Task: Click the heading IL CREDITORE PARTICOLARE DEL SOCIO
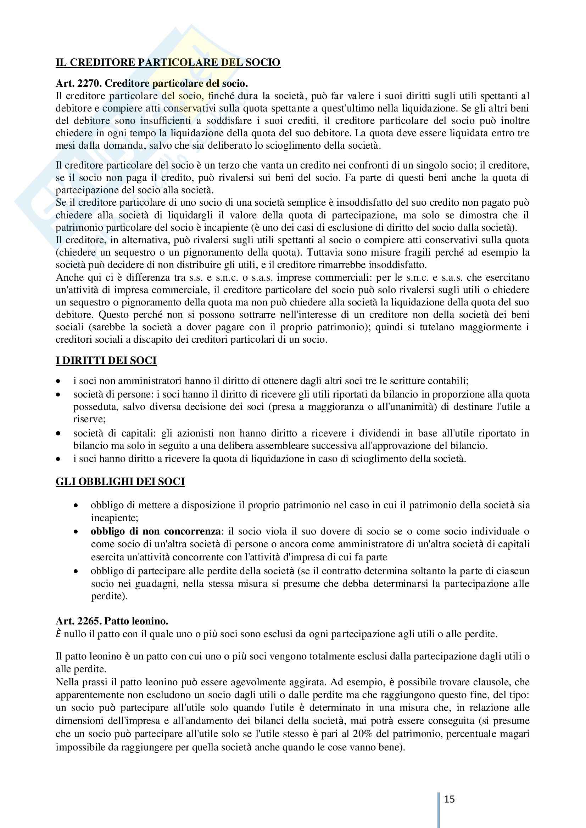168,62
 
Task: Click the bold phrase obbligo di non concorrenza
156,531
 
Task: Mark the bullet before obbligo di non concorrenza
76,532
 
